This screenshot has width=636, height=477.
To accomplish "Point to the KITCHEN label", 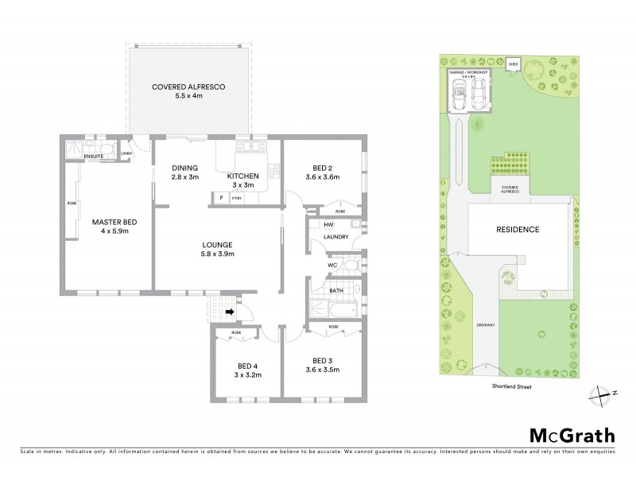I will pos(243,176).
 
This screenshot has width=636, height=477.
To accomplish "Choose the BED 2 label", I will pos(322,172).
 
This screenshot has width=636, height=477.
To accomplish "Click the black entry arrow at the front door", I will pos(230,312).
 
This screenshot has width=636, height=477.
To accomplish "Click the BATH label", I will pos(336,291).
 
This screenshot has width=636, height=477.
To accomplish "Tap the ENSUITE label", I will pos(93,157).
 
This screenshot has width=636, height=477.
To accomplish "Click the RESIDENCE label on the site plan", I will pos(517,230).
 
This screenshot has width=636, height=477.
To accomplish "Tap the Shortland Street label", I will pos(510,387).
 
